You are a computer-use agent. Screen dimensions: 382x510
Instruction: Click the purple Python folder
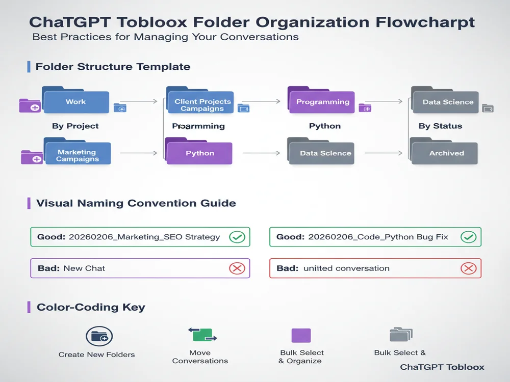[x=199, y=152]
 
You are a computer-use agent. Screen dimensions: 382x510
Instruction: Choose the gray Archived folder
[x=445, y=152]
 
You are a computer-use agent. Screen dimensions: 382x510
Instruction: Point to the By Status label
[x=440, y=126]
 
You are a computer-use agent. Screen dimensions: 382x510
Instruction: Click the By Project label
[x=75, y=126]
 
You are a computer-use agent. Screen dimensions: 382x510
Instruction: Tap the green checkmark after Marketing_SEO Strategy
[x=237, y=237]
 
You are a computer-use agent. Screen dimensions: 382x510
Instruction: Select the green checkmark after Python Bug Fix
[x=468, y=237]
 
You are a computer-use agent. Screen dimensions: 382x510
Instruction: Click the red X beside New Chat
[x=237, y=268]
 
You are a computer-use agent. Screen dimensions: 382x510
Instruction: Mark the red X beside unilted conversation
[x=468, y=268]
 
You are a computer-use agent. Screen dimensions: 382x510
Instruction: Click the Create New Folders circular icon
[x=99, y=336]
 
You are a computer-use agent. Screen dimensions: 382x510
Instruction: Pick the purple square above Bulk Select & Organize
[x=300, y=335]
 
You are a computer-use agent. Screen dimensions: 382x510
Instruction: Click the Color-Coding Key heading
[x=91, y=307]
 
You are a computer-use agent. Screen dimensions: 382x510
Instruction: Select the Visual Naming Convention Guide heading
[x=136, y=203]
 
